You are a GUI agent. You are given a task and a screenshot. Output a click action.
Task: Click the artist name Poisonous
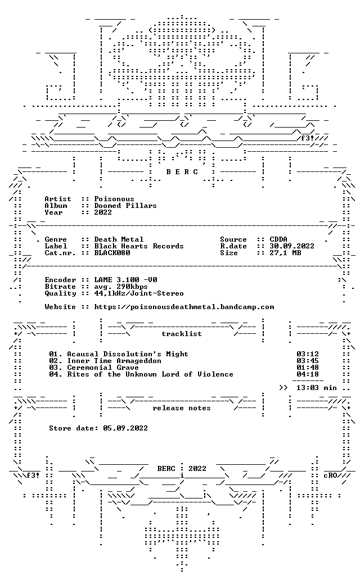coord(114,199)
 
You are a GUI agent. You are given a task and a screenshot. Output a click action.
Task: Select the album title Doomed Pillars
coord(125,206)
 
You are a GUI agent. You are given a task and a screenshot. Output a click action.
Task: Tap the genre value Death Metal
coord(119,239)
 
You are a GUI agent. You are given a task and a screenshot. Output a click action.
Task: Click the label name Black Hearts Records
coord(139,246)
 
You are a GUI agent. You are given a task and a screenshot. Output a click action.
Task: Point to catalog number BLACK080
coord(112,253)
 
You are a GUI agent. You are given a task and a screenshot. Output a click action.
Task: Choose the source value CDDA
coord(278,239)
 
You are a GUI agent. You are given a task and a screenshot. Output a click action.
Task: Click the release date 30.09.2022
coord(292,246)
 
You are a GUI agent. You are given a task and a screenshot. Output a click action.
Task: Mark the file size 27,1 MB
coord(285,253)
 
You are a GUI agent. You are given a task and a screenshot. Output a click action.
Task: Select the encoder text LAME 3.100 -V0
coord(125,280)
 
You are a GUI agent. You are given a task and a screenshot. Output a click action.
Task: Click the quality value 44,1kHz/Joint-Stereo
coord(139,293)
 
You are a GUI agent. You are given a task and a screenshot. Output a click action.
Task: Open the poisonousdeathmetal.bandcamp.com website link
coord(184,307)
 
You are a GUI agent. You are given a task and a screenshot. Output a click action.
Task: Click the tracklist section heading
coord(182,334)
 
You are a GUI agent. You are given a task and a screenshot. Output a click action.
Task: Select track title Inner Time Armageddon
coord(114,361)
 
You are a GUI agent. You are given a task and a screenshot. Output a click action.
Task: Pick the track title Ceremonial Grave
coord(102,368)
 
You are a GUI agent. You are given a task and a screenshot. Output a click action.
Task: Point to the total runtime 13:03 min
coord(316,388)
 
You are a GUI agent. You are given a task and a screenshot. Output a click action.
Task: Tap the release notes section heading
coord(182,408)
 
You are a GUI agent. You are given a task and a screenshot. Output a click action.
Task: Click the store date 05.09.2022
coord(125,428)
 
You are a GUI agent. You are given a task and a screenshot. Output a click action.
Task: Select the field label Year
coord(53,212)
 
